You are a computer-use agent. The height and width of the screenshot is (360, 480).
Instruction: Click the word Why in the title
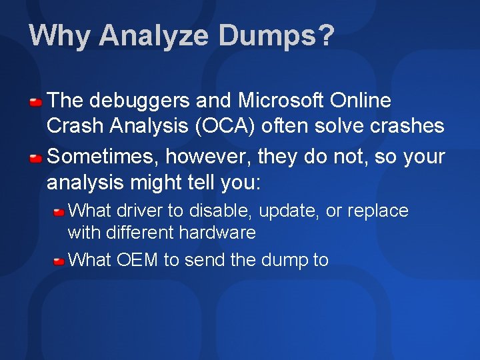tap(59, 36)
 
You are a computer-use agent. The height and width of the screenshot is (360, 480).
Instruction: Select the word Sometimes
tap(102, 157)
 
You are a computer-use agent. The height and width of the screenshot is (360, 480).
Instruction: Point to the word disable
tap(220, 211)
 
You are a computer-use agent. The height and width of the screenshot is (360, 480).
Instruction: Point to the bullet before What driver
tap(59, 212)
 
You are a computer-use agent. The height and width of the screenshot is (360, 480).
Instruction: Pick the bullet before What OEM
tap(59, 261)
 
